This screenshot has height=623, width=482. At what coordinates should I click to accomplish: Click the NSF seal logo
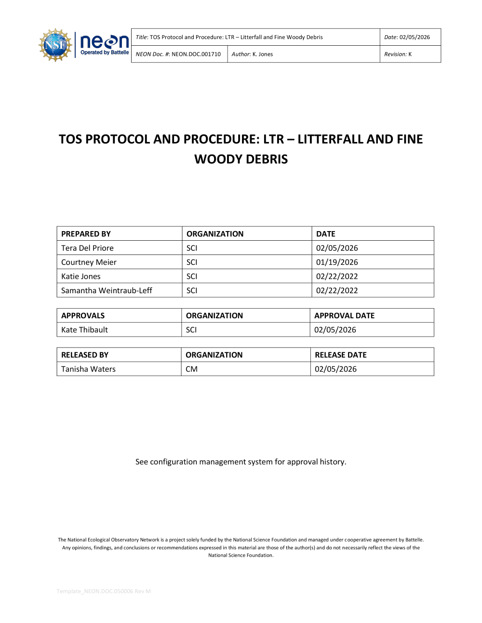tap(55, 45)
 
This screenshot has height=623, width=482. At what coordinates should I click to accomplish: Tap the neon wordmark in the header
tap(104, 42)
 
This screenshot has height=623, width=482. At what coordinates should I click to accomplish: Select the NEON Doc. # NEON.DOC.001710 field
tap(178, 54)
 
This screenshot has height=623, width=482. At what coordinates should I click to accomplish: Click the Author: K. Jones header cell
tap(252, 54)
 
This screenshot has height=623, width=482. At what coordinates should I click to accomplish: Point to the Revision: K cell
tap(398, 54)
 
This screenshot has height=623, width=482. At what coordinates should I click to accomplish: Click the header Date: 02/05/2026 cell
tap(407, 37)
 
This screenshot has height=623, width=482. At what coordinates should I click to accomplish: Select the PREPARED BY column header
tap(86, 234)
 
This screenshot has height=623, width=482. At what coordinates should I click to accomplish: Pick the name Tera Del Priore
tap(87, 248)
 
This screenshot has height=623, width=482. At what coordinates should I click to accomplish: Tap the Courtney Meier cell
tap(89, 262)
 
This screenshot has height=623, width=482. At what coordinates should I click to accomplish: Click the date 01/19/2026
tap(337, 262)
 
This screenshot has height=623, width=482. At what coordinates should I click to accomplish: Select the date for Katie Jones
tap(337, 276)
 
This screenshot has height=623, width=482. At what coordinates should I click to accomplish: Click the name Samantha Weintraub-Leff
tap(107, 290)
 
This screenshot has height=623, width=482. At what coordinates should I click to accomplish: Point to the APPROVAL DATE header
tap(344, 316)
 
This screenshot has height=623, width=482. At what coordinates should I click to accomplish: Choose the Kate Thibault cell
tap(84, 330)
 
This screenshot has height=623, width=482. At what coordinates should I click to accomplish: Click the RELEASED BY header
tap(85, 355)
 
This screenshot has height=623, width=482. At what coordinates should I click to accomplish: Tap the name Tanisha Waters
tap(88, 369)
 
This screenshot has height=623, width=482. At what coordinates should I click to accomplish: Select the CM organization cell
tap(191, 369)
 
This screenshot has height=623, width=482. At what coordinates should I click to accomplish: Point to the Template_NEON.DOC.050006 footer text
tap(104, 591)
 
